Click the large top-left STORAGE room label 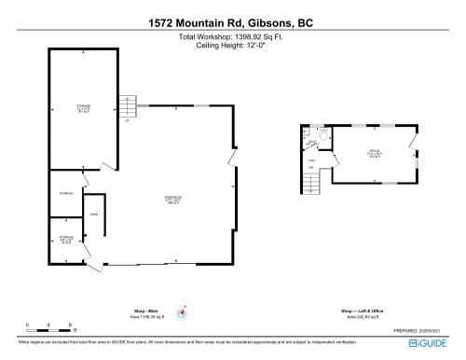coord(83,109)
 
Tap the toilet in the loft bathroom coord(322,137)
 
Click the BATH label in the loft coord(313,143)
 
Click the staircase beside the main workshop coord(126,105)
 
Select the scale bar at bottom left coord(50,329)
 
